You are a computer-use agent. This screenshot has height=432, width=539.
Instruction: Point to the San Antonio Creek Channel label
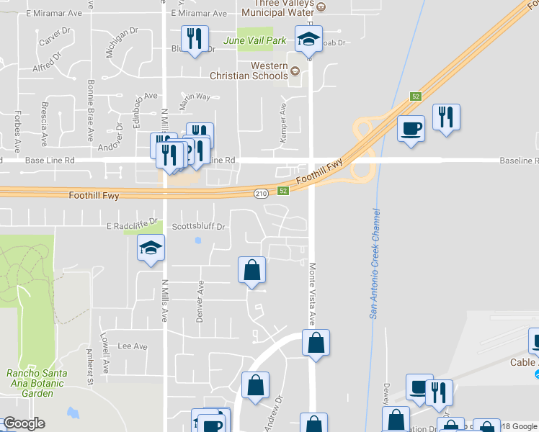[374, 263]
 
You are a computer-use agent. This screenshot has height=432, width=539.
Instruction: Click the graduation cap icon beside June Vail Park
[309, 39]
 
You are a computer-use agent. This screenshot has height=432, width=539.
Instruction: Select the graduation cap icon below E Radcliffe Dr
[151, 248]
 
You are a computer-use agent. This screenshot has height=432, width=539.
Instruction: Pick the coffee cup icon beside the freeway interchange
[411, 128]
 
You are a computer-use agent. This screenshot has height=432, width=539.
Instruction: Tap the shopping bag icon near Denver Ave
[252, 270]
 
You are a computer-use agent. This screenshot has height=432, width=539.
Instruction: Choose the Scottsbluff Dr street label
[199, 226]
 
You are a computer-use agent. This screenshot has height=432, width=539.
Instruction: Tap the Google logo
[24, 423]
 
